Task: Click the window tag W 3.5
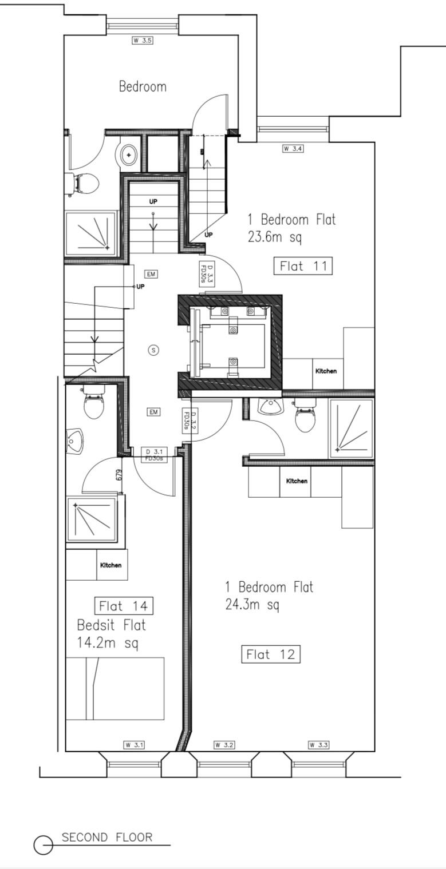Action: [x=143, y=40]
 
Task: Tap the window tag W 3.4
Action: [x=293, y=149]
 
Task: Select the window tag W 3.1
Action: [x=135, y=745]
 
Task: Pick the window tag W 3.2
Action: [x=224, y=745]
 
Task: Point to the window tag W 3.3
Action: [x=318, y=745]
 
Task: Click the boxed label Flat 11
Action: [x=303, y=267]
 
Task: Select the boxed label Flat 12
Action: [x=271, y=654]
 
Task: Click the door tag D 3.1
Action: [x=154, y=454]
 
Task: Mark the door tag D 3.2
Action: [x=190, y=421]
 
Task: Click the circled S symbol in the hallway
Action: [x=153, y=350]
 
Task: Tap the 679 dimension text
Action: [x=119, y=475]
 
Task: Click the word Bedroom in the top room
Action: [x=143, y=87]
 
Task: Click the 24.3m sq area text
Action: [x=252, y=605]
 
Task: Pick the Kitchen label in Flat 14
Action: [x=110, y=565]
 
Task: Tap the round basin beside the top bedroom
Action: [x=128, y=155]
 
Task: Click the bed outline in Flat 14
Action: [x=115, y=689]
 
